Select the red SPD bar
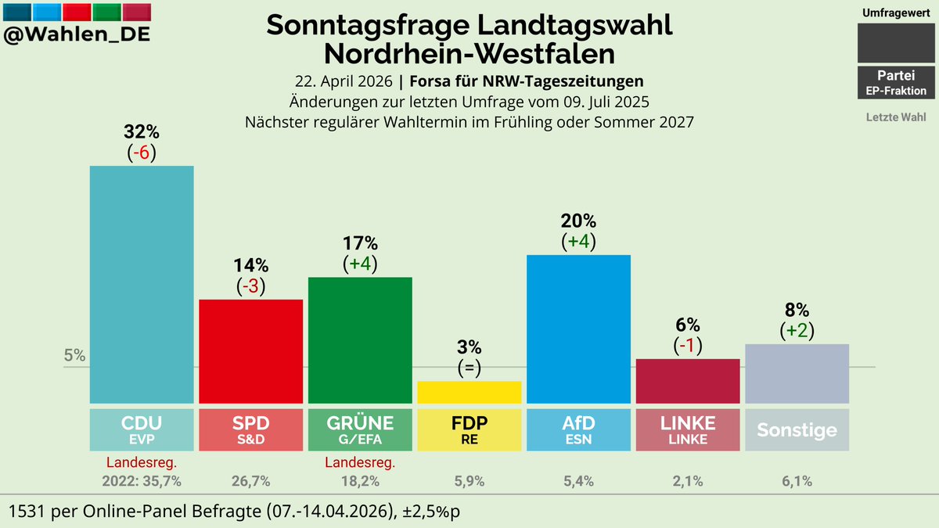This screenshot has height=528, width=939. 251,351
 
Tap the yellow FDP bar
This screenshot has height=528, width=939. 469,392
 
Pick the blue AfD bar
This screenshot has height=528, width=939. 578,329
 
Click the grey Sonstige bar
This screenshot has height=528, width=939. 797,374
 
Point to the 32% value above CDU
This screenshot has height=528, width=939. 142,132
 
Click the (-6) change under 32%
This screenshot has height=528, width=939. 142,153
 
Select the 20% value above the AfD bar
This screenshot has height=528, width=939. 578,221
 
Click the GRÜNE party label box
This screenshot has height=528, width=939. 360,429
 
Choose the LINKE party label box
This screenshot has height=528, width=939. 688,429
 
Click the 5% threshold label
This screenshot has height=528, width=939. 74,355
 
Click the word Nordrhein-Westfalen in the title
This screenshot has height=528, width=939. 469,54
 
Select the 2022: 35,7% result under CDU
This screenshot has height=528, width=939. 142,481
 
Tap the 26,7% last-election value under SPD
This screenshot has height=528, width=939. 251,481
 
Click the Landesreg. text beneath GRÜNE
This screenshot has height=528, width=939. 360,462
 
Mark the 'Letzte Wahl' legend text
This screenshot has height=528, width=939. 896,117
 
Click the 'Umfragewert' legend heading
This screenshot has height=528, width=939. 896,13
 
